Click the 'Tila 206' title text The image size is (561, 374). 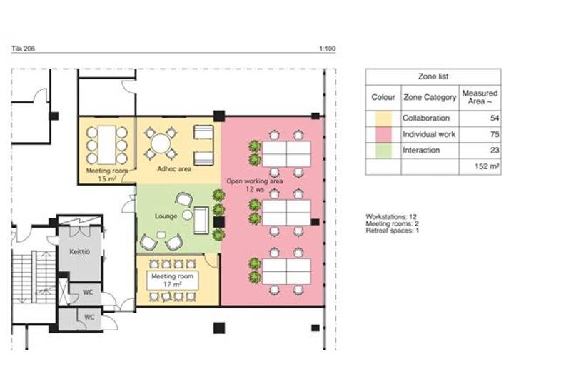click(24, 49)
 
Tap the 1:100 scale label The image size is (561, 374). click(328, 49)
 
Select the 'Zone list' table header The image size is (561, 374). click(433, 76)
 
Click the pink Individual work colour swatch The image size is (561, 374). click(383, 135)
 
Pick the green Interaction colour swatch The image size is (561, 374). click(383, 151)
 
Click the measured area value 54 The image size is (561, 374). click(495, 118)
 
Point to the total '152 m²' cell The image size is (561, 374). click(487, 166)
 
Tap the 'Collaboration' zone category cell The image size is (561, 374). click(426, 118)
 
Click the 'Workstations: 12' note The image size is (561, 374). click(391, 216)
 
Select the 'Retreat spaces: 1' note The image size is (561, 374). click(392, 231)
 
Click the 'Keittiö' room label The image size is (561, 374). click(79, 252)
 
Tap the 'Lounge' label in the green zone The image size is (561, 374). click(166, 216)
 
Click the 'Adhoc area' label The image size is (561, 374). click(174, 168)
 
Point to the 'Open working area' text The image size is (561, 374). click(254, 181)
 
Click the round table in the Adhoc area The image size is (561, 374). click(161, 143)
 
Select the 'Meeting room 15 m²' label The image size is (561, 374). click(107, 175)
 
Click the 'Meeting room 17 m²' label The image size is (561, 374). click(173, 280)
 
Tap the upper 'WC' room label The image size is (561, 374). click(88, 293)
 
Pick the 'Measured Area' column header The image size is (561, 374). click(480, 97)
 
